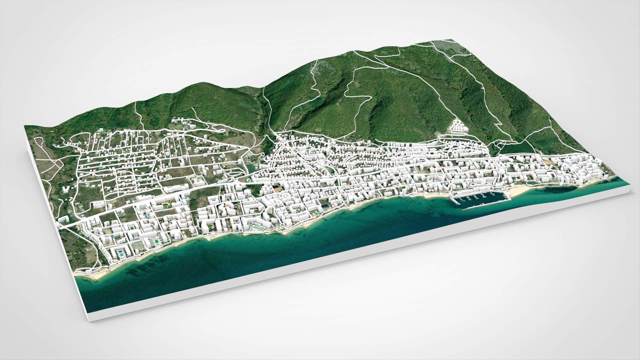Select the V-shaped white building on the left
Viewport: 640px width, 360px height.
[x=66, y=189]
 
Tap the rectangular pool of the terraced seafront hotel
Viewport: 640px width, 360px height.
[x=255, y=227]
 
